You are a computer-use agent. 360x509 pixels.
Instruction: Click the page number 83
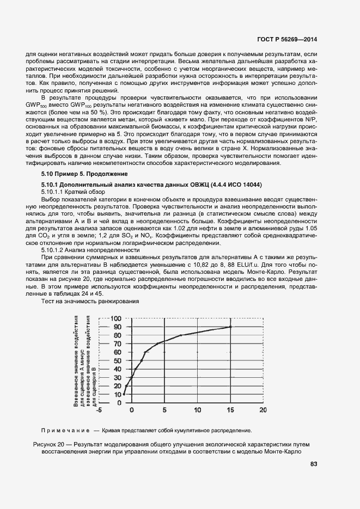pyautogui.click(x=313, y=464)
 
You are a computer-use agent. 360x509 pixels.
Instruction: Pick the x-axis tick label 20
pyautogui.click(x=263, y=410)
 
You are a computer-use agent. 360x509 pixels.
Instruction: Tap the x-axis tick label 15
pyautogui.click(x=230, y=410)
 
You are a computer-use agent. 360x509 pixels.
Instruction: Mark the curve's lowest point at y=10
pyautogui.click(x=124, y=394)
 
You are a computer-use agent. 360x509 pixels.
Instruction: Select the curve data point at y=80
pyautogui.click(x=181, y=335)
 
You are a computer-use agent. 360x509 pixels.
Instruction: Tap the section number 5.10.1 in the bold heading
pyautogui.click(x=52, y=185)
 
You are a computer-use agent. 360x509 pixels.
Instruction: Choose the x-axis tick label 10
pyautogui.click(x=197, y=410)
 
